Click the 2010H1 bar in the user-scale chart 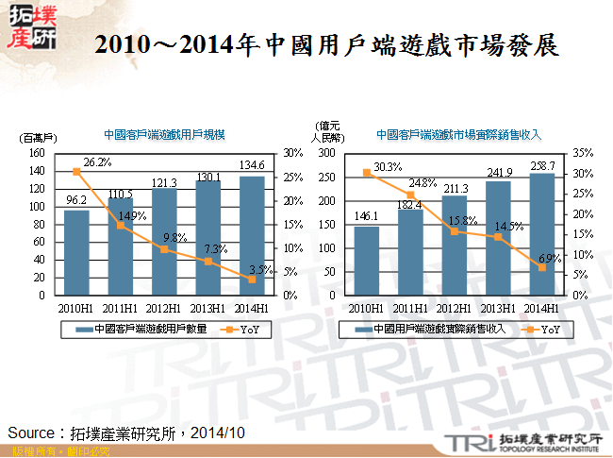click(x=76, y=252)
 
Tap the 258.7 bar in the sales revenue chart click(x=541, y=234)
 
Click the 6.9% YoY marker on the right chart click(x=541, y=267)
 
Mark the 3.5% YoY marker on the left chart click(x=252, y=280)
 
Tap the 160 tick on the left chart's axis click(x=37, y=152)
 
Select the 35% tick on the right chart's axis click(x=583, y=152)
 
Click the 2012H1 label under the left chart click(x=164, y=308)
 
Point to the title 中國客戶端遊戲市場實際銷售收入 click(x=458, y=134)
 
